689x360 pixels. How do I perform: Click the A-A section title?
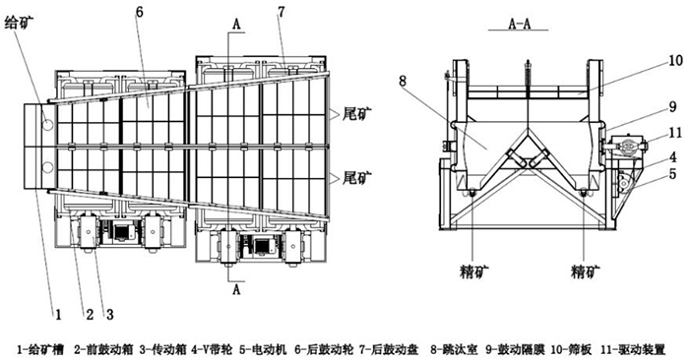pyautogui.click(x=520, y=24)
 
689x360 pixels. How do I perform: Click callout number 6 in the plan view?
pyautogui.click(x=140, y=12)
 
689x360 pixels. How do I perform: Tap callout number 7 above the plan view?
pyautogui.click(x=281, y=12)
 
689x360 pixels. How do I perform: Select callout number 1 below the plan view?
pyautogui.click(x=58, y=315)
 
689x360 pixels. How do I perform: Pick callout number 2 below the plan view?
pyautogui.click(x=90, y=315)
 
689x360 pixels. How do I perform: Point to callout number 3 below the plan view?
pyautogui.click(x=109, y=315)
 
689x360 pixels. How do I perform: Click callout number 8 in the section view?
pyautogui.click(x=402, y=81)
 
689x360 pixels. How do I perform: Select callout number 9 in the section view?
pyautogui.click(x=672, y=107)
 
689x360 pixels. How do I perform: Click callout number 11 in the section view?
pyautogui.click(x=675, y=132)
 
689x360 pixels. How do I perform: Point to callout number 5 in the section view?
pyautogui.click(x=672, y=174)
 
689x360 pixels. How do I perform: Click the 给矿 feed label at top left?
pyautogui.click(x=18, y=23)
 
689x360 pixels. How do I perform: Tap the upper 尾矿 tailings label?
pyautogui.click(x=356, y=115)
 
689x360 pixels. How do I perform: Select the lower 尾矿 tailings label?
pyautogui.click(x=356, y=178)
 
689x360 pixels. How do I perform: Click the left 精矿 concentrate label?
pyautogui.click(x=472, y=271)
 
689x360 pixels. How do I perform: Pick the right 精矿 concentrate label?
pyautogui.click(x=585, y=271)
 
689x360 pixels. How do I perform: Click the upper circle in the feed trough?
pyautogui.click(x=47, y=125)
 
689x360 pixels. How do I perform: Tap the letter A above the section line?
pyautogui.click(x=236, y=25)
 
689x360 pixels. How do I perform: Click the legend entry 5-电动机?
pyautogui.click(x=263, y=350)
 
